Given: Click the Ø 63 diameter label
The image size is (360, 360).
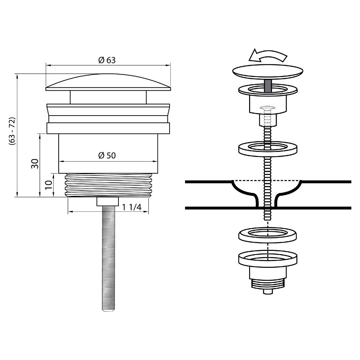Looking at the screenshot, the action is point(107,60).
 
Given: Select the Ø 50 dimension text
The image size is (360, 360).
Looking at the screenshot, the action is point(107,156).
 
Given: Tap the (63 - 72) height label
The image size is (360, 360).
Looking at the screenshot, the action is point(12,131).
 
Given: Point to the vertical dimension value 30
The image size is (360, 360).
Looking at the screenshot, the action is point(35,164).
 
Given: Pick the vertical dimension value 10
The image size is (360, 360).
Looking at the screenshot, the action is point(49,185).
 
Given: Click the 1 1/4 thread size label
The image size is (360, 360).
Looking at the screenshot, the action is point(131,207).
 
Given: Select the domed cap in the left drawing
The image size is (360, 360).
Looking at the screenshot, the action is point(108,82).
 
